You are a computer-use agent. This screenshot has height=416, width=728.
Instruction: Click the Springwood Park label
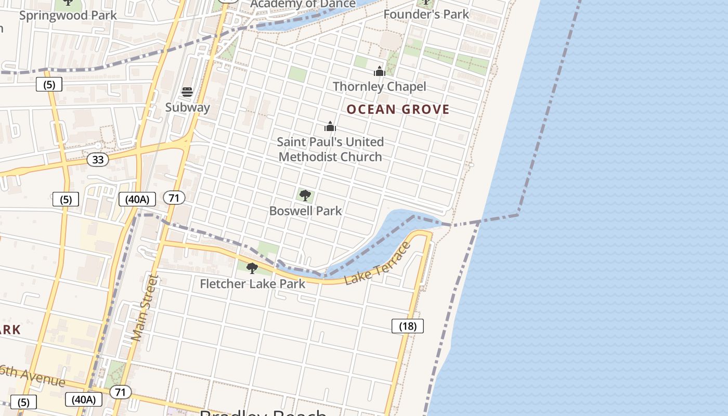(x=68, y=15)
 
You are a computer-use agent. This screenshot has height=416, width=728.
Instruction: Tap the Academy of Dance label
(x=303, y=4)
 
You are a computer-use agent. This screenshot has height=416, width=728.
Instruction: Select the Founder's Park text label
(x=426, y=15)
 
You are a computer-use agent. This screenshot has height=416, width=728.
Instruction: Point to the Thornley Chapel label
(x=379, y=86)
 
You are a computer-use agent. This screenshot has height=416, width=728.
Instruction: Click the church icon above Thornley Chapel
(x=380, y=72)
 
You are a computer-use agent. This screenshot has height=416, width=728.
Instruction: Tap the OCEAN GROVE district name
(x=398, y=109)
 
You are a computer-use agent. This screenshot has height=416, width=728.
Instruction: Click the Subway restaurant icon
(x=187, y=93)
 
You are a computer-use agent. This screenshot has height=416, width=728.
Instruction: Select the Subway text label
(x=187, y=108)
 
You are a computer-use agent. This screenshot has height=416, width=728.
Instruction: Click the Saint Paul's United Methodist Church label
(x=330, y=149)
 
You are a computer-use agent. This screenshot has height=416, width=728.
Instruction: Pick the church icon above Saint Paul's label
(x=330, y=127)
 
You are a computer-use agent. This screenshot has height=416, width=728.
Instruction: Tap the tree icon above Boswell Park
(x=305, y=196)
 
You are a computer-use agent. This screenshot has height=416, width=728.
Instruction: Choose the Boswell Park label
(x=305, y=211)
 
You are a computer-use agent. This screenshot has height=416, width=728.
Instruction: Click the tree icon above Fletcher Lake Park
(x=252, y=268)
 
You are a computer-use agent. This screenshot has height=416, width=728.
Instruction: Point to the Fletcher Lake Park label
(x=252, y=284)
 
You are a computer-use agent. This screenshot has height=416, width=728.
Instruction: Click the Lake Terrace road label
(x=378, y=264)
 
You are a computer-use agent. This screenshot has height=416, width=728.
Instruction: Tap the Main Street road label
(x=144, y=308)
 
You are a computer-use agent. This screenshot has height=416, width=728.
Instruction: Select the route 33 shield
(x=98, y=160)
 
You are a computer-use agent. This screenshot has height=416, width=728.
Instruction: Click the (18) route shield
(x=408, y=326)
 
